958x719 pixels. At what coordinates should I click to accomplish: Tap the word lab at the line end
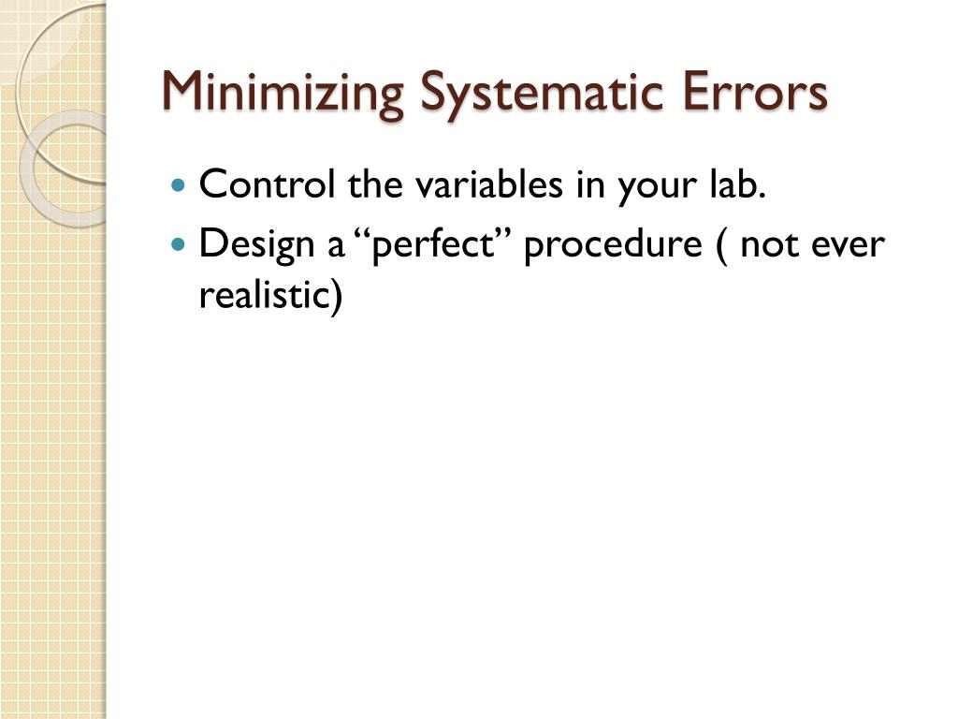coord(739,184)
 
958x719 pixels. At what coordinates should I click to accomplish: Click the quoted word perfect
coord(434,246)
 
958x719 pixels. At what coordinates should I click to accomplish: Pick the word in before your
coord(588,184)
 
